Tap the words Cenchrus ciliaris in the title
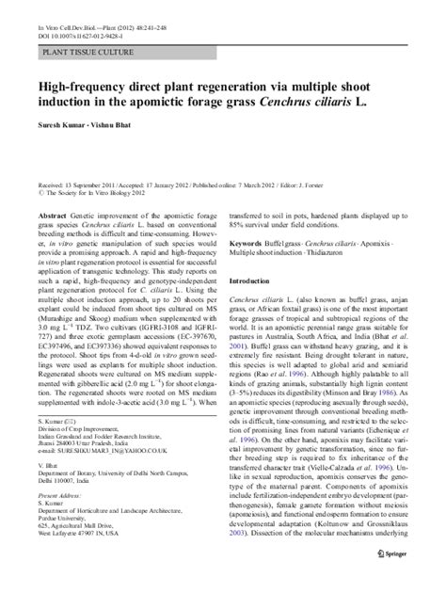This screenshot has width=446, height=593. tap(319, 104)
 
